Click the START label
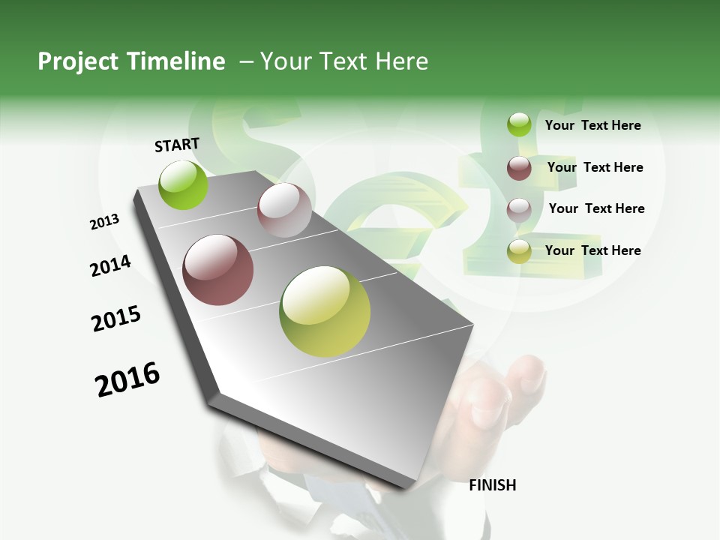(x=177, y=145)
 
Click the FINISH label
(x=493, y=485)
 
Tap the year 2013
(x=105, y=222)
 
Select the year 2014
(x=110, y=265)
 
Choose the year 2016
(x=127, y=379)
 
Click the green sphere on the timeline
(x=183, y=184)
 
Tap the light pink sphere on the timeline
(x=284, y=210)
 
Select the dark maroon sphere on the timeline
(x=218, y=270)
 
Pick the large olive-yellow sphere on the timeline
(x=325, y=311)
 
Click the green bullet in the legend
(x=519, y=125)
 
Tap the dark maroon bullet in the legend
(x=519, y=168)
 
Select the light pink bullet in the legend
(x=519, y=209)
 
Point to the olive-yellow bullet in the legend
(x=519, y=251)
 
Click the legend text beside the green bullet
(x=592, y=125)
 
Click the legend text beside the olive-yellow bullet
(x=592, y=250)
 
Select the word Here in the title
(x=401, y=61)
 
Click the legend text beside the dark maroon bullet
(x=595, y=167)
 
